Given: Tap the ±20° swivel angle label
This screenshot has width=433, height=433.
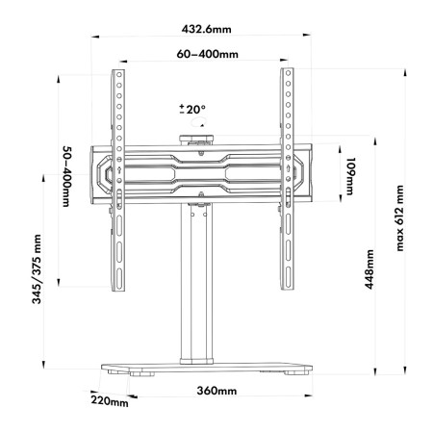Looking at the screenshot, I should point(192,110).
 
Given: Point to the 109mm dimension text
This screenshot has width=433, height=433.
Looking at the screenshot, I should point(351,174).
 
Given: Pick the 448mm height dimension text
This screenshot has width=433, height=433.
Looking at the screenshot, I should point(369,273).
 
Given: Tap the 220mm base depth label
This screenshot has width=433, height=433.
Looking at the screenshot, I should point(111,400).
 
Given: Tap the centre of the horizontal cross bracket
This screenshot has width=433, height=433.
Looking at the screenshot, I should point(203,173).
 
